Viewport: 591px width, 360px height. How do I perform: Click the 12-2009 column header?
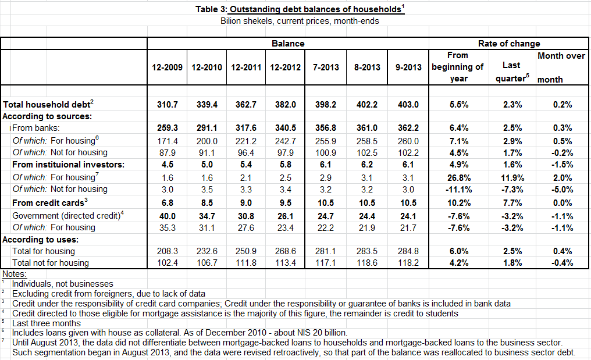[x=167, y=67]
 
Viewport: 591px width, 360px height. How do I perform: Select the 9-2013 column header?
[x=408, y=67]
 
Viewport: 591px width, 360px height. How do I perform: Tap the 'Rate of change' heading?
[x=509, y=44]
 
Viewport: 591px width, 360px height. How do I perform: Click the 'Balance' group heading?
[x=288, y=44]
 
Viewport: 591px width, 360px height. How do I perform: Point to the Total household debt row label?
[x=48, y=104]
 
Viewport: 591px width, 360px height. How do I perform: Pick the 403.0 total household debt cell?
[x=408, y=105]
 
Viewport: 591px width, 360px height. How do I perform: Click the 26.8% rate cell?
[x=459, y=178]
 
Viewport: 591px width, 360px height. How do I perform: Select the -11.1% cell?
[x=459, y=190]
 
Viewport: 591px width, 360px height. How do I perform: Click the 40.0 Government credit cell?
[x=168, y=216]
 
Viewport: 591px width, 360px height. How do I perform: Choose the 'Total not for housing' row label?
[x=51, y=263]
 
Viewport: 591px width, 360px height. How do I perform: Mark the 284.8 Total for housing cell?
[x=408, y=251]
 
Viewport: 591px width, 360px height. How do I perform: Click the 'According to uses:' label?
[x=40, y=240]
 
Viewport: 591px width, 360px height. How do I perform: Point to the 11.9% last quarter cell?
[x=512, y=178]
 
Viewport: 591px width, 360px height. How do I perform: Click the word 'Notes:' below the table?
[x=15, y=274]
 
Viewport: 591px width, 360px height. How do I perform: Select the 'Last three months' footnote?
[x=47, y=323]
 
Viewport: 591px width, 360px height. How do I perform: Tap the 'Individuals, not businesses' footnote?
[x=63, y=284]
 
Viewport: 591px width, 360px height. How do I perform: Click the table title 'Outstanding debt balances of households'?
[x=315, y=9]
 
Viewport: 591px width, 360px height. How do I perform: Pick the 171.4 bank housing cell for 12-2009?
[x=168, y=141]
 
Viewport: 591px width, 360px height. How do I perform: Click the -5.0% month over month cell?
[x=562, y=190]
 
